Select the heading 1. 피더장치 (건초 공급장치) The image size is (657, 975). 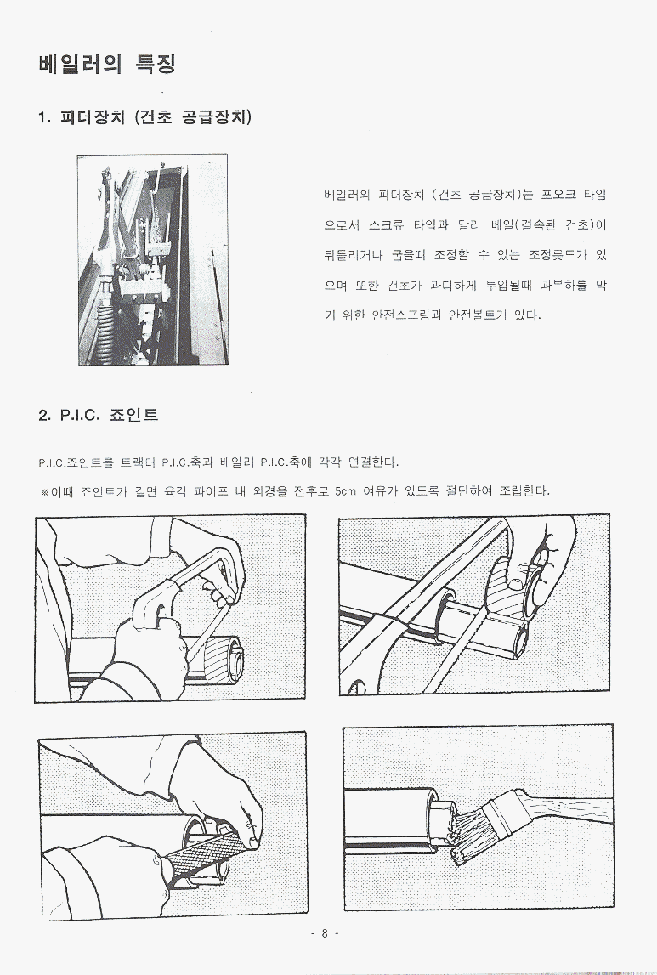pos(144,117)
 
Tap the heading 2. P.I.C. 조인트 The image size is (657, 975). pos(99,415)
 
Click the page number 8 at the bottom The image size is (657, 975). pos(325,933)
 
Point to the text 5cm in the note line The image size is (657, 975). pos(345,491)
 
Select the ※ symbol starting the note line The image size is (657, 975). pos(44,492)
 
